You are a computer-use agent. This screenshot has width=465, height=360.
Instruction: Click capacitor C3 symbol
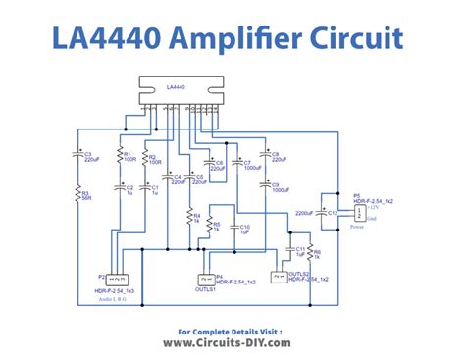(78, 155)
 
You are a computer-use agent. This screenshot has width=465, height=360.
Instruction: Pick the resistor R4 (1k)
(189, 216)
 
